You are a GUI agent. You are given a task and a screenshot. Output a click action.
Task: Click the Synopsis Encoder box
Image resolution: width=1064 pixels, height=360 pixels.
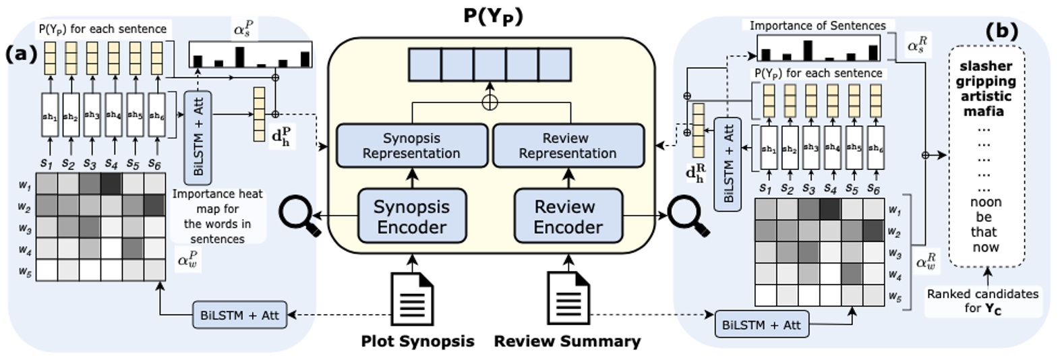[411, 216]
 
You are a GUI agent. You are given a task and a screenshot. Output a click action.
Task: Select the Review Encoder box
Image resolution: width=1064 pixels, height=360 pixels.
[568, 216]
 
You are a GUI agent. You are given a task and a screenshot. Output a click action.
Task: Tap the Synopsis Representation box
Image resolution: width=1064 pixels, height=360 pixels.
[411, 146]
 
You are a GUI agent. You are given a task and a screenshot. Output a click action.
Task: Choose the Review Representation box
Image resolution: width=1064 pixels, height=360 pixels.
[568, 146]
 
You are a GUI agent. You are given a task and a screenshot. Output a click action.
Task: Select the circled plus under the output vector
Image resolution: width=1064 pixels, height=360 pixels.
[490, 102]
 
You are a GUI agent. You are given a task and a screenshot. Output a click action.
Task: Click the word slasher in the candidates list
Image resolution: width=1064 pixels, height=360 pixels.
[986, 66]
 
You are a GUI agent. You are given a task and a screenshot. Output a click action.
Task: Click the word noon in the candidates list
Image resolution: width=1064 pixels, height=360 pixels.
[985, 202]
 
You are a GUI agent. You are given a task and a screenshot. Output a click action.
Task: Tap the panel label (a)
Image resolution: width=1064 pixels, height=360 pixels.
[22, 54]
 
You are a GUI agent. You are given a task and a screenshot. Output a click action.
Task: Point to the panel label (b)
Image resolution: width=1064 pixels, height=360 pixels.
[1001, 31]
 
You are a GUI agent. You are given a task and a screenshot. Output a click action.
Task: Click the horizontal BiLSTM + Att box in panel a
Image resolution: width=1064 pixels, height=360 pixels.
[239, 316]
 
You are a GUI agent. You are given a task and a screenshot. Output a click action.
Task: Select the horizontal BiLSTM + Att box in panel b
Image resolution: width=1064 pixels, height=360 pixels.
[761, 325]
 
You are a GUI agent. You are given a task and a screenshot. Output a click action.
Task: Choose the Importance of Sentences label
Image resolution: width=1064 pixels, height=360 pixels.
[817, 26]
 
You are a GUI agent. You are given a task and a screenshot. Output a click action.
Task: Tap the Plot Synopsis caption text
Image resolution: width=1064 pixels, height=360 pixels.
[417, 341]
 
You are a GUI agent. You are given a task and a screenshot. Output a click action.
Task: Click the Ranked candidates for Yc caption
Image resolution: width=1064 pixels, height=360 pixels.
[982, 301]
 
